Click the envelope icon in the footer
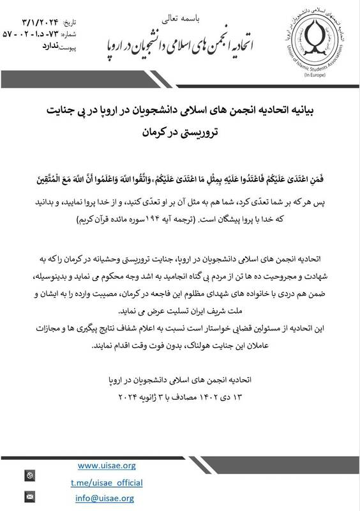pyautogui.click(x=28, y=496)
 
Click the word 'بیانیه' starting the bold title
pyautogui.click(x=315, y=110)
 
